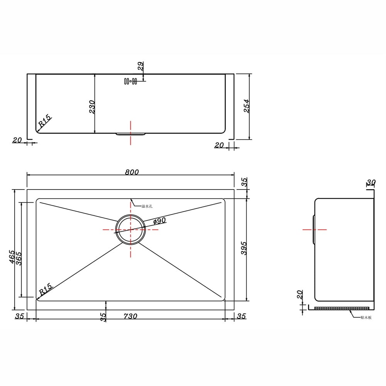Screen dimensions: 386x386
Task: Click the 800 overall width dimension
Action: [x=132, y=173]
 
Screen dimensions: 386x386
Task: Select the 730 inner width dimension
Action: [x=130, y=317]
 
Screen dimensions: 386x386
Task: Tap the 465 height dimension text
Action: [x=12, y=257]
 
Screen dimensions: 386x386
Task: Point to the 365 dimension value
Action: [x=19, y=258]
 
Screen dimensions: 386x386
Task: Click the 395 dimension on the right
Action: [x=244, y=248]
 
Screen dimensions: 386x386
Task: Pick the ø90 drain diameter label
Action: [x=159, y=221]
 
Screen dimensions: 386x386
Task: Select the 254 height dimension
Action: [x=247, y=106]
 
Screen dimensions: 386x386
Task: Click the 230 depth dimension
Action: [x=92, y=107]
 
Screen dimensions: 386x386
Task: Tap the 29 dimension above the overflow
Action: [x=141, y=66]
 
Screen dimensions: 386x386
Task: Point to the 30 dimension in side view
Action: [x=371, y=182]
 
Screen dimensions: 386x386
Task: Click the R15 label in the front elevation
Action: [x=45, y=122]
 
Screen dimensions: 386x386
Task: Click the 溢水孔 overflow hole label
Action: [x=147, y=207]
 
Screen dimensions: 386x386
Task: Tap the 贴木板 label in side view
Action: [x=366, y=317]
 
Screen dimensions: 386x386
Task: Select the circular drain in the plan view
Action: [x=131, y=229]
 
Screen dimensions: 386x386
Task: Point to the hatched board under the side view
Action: [x=342, y=308]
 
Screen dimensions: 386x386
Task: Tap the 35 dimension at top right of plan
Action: [x=244, y=182]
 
